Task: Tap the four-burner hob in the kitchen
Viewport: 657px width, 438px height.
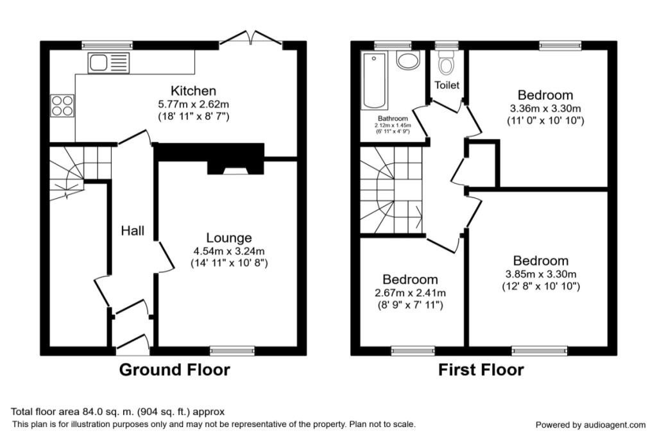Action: pyautogui.click(x=62, y=105)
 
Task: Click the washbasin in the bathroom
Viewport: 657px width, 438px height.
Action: pyautogui.click(x=407, y=61)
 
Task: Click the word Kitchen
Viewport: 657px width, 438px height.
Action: pyautogui.click(x=192, y=91)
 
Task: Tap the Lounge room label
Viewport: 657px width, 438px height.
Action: pyautogui.click(x=229, y=238)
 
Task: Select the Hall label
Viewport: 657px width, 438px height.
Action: pyautogui.click(x=133, y=231)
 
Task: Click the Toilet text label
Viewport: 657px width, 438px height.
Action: pyautogui.click(x=447, y=85)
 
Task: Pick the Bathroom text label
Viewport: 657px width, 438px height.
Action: pyautogui.click(x=393, y=119)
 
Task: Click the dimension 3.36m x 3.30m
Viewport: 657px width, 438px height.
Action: pyautogui.click(x=545, y=108)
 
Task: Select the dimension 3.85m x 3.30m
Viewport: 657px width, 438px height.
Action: pyautogui.click(x=540, y=274)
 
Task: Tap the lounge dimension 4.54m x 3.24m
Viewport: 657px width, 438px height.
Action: pyautogui.click(x=229, y=251)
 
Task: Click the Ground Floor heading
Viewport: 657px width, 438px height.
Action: pyautogui.click(x=175, y=370)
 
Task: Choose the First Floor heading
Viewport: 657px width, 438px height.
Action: pyautogui.click(x=481, y=370)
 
